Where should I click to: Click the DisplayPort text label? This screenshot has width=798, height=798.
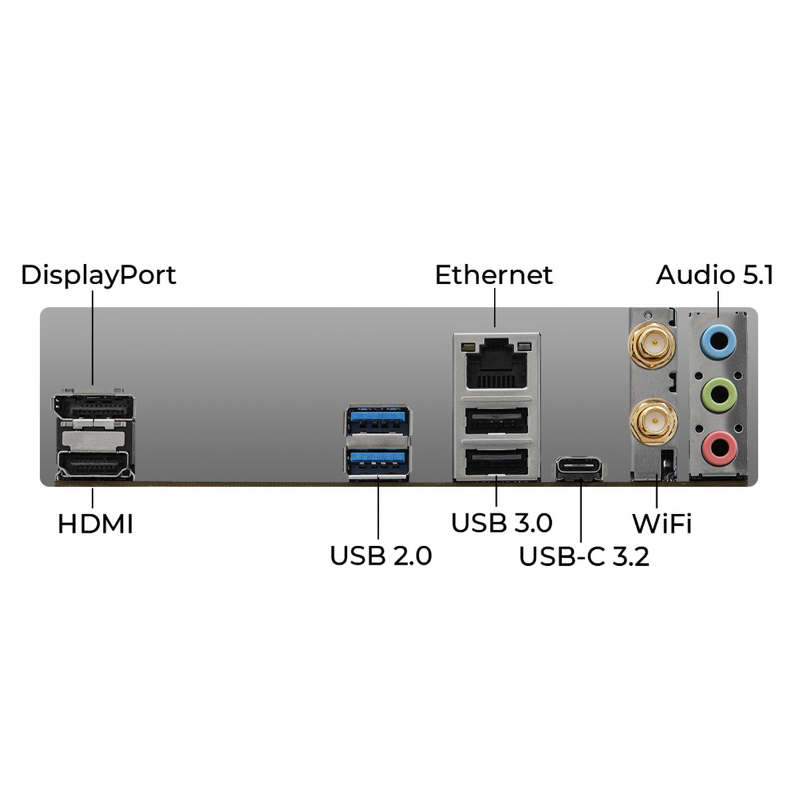tap(98, 275)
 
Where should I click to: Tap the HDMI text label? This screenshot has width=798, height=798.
tap(95, 524)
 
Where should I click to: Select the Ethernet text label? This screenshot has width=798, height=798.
tap(493, 275)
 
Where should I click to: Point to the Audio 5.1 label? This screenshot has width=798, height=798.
tap(714, 275)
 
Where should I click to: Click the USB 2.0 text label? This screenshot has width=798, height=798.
tap(380, 556)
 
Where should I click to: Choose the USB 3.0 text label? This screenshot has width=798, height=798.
tap(501, 523)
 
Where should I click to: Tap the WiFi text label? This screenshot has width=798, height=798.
tap(662, 524)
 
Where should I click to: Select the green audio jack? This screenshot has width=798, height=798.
tap(719, 396)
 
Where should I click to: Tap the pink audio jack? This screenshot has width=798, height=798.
tap(719, 448)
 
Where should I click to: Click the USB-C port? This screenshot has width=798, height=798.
tap(581, 467)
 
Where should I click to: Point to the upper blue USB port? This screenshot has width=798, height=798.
tap(377, 420)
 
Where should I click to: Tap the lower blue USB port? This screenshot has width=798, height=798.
tap(377, 462)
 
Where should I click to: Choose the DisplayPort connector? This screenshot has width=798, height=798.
tap(94, 406)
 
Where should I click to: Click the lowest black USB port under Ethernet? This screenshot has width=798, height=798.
tap(497, 462)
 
